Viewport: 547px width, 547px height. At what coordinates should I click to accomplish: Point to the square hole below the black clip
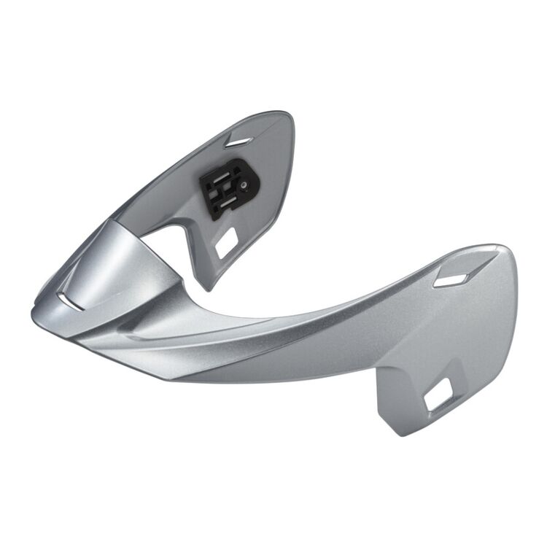click(x=225, y=245)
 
